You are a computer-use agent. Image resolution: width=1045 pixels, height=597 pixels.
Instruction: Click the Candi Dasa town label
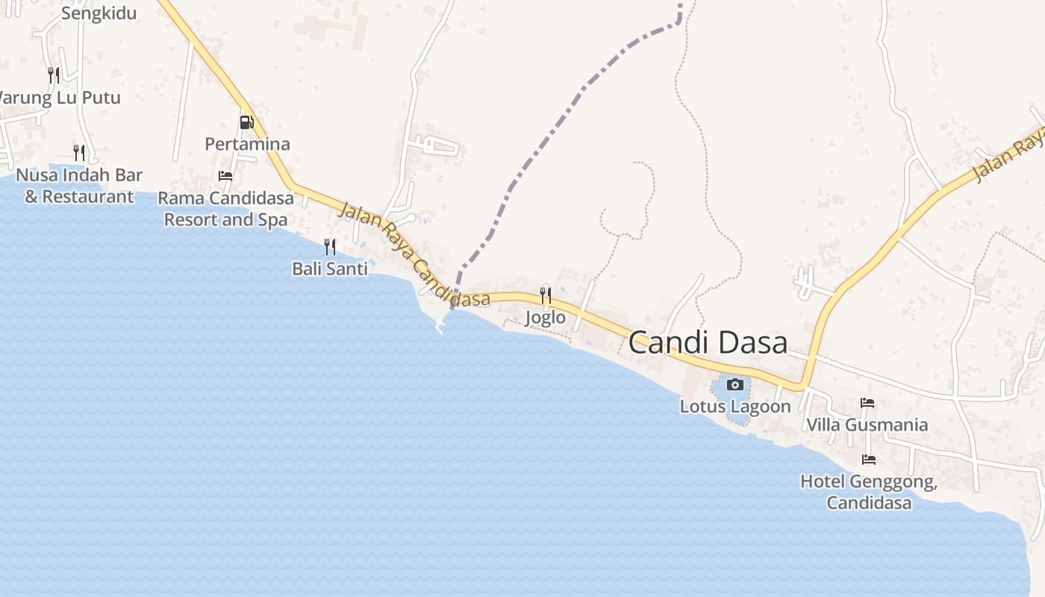708,343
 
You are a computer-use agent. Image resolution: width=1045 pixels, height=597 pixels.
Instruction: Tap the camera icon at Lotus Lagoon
735,384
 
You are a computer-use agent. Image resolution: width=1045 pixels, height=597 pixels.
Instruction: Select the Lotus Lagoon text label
735,407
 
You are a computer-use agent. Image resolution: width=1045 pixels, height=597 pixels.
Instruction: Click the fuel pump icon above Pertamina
246,122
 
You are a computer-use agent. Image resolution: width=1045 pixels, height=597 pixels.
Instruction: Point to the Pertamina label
247,143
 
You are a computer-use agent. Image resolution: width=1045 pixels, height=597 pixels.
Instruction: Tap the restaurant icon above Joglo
546,296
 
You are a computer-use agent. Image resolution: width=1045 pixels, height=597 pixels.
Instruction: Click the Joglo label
546,318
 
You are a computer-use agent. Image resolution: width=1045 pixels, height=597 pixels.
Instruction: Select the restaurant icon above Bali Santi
329,246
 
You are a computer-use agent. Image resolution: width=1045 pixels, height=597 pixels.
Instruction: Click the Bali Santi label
330,269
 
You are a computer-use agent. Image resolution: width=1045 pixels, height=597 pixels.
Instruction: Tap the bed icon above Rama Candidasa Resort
225,176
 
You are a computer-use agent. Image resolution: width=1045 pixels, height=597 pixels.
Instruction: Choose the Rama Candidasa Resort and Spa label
225,209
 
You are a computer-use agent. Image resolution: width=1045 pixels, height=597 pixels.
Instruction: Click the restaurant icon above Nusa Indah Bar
79,153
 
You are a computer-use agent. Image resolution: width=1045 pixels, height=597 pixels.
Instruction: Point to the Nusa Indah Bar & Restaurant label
79,186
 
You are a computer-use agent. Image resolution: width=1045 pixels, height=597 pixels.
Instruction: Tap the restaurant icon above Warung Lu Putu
54,75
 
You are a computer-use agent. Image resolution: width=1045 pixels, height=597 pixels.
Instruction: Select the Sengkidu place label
99,13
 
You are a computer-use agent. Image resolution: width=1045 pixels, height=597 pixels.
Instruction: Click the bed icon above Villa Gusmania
867,403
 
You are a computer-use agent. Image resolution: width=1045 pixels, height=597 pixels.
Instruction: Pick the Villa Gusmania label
867,425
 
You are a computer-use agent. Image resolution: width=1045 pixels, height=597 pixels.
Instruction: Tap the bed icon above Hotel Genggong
869,460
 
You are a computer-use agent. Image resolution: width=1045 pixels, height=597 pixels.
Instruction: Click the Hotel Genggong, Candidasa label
869,492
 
